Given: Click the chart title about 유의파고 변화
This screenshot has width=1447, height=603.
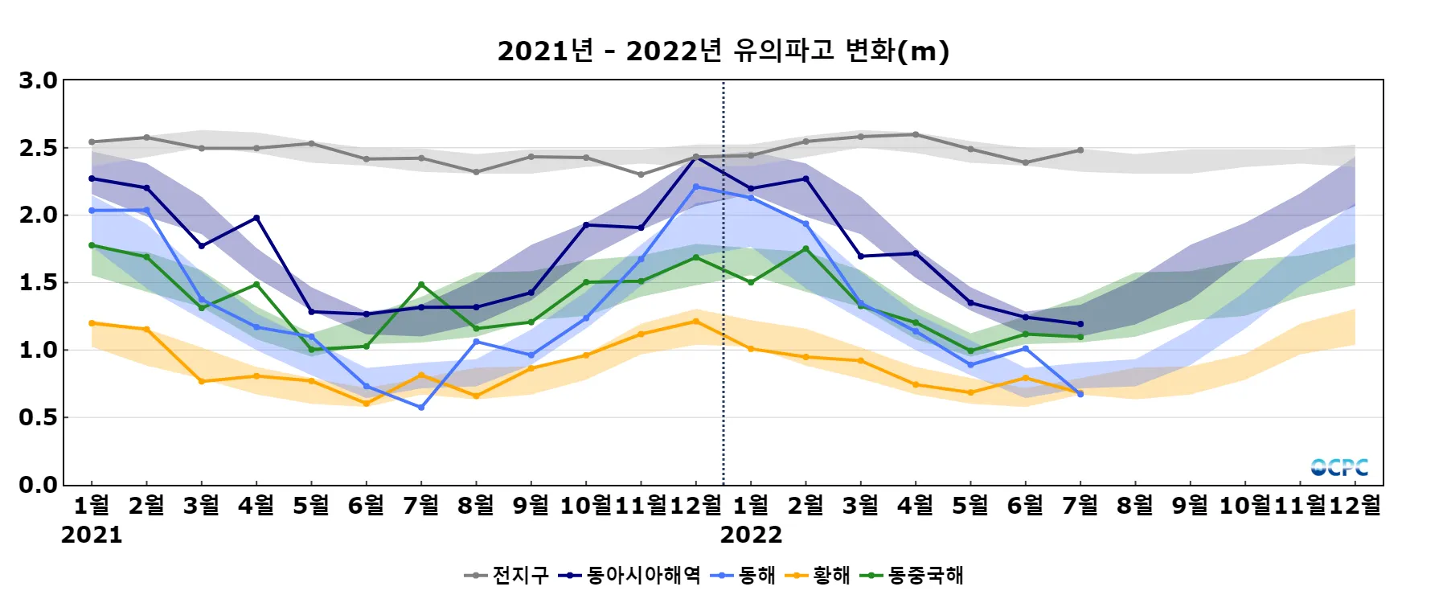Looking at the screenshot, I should [723, 51].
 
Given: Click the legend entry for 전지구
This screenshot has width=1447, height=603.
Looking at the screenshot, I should [507, 575].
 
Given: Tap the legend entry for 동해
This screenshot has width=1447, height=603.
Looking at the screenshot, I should [744, 575].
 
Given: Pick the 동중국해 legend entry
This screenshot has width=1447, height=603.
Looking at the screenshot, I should [912, 575].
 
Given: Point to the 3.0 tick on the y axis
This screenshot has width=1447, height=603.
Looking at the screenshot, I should [39, 80].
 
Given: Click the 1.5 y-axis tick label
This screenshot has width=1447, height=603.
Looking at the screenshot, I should [39, 282].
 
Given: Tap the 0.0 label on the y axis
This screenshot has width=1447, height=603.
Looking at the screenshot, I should [39, 485].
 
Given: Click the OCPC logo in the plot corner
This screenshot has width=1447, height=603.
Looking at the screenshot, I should [1339, 467].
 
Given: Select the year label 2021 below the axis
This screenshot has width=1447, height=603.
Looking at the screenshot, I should [92, 535].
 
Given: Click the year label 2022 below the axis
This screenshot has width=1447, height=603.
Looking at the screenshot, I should [751, 535].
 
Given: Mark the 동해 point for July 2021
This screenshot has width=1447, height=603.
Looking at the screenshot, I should [421, 408].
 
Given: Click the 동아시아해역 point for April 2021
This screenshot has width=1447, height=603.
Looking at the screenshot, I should [256, 218].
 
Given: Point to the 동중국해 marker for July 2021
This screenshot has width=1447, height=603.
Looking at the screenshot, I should [421, 285].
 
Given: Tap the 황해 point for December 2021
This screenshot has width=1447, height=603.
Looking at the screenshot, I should [696, 322].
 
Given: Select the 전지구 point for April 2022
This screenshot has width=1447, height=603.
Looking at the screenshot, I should [916, 134].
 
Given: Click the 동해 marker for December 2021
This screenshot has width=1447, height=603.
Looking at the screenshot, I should [696, 187].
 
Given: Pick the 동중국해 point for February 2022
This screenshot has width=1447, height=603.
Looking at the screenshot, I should [805, 249].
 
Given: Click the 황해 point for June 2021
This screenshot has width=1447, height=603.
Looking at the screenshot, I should [367, 404].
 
